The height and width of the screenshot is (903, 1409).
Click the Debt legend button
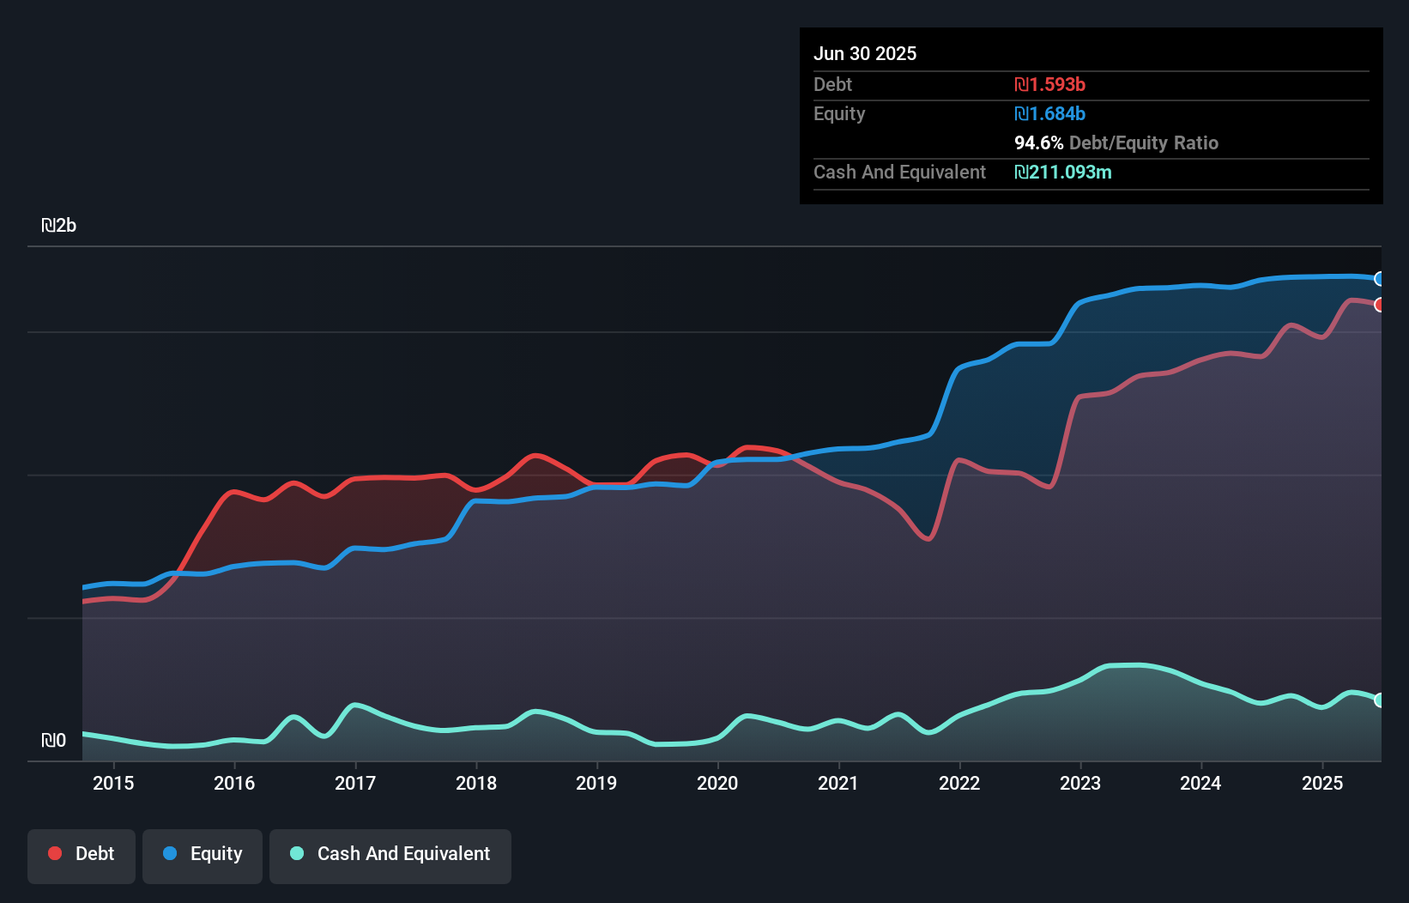pos(82,855)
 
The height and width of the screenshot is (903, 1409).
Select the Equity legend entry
pos(203,855)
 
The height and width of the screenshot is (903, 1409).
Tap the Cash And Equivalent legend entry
pos(390,855)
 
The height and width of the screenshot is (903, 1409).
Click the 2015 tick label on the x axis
pos(113,783)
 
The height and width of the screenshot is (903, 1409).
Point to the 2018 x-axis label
pos(476,783)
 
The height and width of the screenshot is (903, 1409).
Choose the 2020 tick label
pos(717,783)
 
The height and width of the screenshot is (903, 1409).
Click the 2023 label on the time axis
pos(1080,783)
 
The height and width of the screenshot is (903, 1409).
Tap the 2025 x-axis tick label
pos(1322,783)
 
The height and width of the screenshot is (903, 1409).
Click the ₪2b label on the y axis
pos(59,226)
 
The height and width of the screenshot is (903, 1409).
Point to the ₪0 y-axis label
pos(53,740)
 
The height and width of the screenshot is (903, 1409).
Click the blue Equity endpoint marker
pos(1379,279)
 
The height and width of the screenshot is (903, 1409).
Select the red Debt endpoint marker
pos(1379,305)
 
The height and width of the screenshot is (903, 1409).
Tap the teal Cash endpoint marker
pos(1379,700)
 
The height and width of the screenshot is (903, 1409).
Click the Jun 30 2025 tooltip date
pos(865,53)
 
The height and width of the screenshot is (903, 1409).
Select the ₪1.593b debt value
pos(1050,84)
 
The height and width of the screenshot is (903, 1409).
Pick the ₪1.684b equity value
pos(1050,113)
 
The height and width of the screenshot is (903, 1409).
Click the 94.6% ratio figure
pos(1038,142)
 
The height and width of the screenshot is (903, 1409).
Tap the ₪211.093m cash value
pos(1063,172)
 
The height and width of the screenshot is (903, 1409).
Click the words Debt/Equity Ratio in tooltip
pos(1144,142)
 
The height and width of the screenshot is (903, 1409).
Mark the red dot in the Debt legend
pos(55,853)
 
